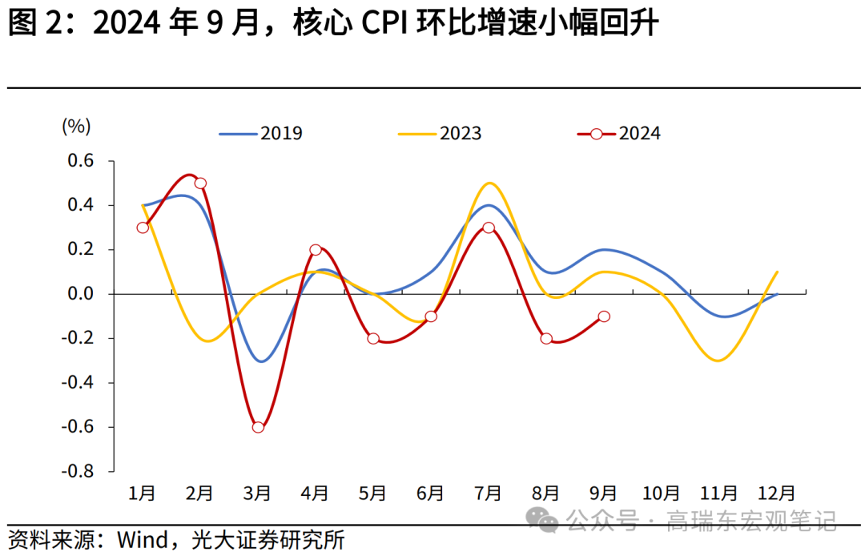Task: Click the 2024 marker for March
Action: [258, 427]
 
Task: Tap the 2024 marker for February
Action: [200, 183]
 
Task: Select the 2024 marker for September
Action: [604, 316]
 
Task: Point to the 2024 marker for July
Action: [489, 228]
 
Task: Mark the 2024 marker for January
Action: [143, 228]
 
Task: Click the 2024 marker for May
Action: [373, 339]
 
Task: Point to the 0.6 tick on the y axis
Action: [78, 161]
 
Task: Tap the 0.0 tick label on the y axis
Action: [78, 294]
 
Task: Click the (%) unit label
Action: [76, 126]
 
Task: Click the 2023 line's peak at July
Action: [489, 183]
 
